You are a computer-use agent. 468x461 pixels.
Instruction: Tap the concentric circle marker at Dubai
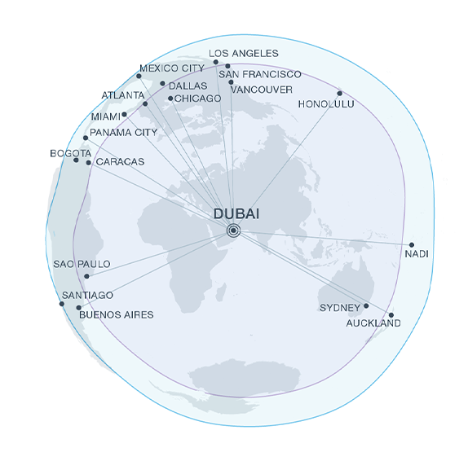point(234,230)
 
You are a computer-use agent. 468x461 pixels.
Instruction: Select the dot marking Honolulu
point(340,93)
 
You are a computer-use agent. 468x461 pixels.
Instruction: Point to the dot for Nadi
point(412,244)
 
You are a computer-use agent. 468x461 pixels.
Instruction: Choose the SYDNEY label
point(339,308)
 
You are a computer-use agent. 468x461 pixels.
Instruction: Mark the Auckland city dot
point(391,315)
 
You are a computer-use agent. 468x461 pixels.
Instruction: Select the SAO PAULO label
point(82,265)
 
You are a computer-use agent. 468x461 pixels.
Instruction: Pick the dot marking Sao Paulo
point(86,277)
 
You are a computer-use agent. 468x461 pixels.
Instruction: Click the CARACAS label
point(120,162)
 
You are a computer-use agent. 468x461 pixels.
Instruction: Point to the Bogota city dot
point(77,160)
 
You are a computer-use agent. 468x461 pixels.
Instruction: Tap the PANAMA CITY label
point(124,132)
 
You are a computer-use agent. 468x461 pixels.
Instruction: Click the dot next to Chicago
point(170,99)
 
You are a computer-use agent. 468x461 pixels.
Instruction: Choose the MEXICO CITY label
point(171,68)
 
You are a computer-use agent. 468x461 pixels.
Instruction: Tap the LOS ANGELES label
point(244,53)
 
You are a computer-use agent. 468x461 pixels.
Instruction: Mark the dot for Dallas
point(162,83)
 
